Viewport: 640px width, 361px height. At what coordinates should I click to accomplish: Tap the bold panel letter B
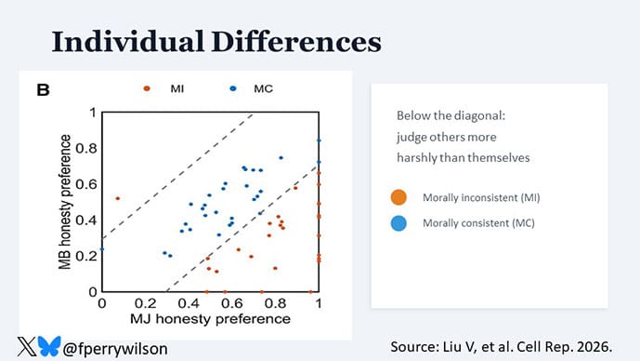(x=43, y=91)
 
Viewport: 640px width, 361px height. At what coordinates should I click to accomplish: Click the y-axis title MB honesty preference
(x=65, y=202)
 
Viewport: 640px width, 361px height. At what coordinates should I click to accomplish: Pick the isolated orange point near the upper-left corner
(x=117, y=198)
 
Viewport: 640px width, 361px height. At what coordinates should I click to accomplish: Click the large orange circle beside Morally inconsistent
(x=399, y=198)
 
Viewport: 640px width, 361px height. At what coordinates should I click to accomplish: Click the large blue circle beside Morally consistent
(x=399, y=223)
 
